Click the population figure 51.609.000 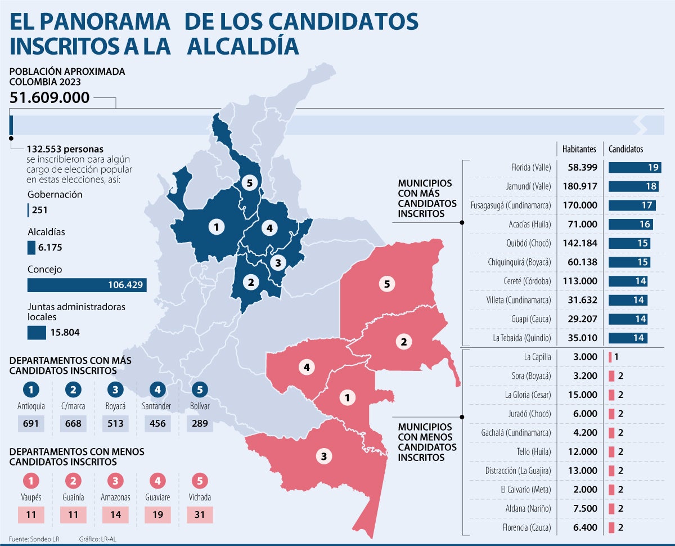coord(49,98)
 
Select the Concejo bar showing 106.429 coord(87,285)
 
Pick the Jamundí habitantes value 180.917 coord(580,186)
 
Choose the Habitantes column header coord(579,149)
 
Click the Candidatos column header coord(626,149)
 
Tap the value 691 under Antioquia coord(30,423)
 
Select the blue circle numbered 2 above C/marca coord(73,390)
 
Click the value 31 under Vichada coord(200,514)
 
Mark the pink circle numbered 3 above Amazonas coord(115,481)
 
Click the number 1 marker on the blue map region coord(215,227)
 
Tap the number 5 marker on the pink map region coord(386,284)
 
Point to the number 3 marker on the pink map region coord(323,457)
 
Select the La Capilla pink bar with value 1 coord(610,357)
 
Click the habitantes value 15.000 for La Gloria coord(582,395)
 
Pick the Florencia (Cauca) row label coord(528,527)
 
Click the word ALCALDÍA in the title coord(243,46)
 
